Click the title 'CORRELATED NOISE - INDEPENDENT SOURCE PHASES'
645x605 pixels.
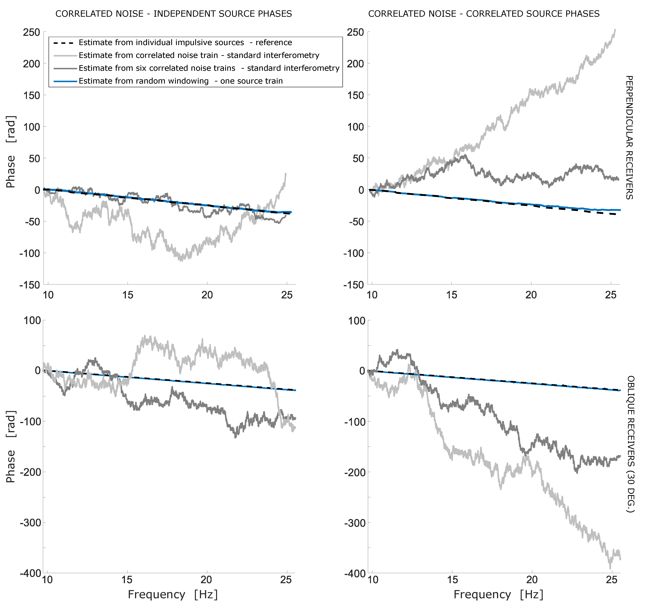coord(174,14)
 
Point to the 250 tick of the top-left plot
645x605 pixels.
coord(31,33)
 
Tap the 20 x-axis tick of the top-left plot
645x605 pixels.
coord(207,295)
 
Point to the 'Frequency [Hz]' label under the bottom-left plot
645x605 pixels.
coord(173,594)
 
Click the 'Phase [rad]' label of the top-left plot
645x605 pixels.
coord(11,152)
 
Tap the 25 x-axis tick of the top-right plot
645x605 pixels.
coord(611,295)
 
